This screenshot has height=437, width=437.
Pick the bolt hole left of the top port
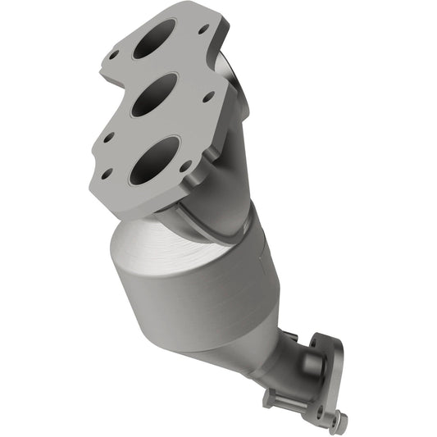[116, 57]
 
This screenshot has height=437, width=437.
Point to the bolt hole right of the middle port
[208, 96]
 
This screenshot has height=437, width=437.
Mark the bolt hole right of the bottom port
[186, 165]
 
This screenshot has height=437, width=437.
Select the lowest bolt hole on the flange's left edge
[108, 173]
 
